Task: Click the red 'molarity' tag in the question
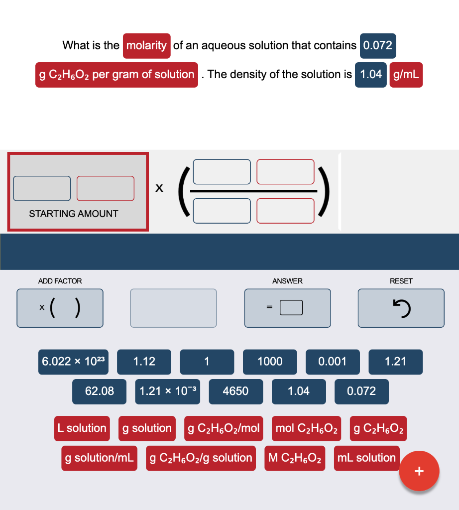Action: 146,46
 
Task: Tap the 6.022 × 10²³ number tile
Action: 73,362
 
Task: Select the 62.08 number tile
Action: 99,391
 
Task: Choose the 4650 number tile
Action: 235,391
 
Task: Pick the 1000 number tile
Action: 270,362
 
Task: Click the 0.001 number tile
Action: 333,362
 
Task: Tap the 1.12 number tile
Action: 144,362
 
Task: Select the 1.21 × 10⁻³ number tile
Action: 167,391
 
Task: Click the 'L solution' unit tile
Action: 82,428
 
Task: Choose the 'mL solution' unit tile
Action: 366,458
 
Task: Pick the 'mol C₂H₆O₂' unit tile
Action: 306,428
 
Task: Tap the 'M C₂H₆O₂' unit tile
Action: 295,458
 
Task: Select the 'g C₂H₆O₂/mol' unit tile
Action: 224,428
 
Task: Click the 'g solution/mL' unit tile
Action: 99,458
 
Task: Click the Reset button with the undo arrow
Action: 401,308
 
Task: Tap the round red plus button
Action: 419,471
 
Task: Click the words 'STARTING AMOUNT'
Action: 74,214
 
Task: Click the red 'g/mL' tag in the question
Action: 406,75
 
